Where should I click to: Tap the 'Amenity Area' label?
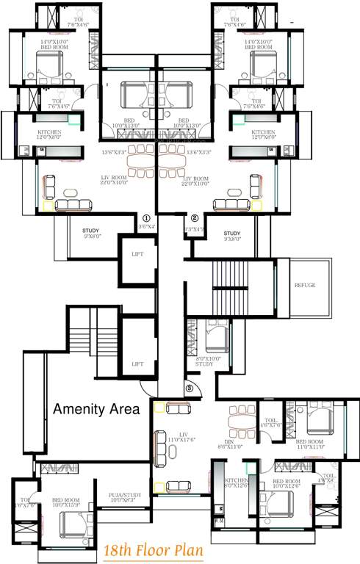point(96,410)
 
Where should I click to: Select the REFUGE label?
point(305,285)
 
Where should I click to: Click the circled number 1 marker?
point(146,218)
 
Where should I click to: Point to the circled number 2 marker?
point(194,218)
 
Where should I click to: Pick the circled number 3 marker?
point(189,388)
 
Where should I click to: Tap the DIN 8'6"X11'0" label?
point(229,442)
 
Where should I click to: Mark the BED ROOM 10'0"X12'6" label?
point(287,482)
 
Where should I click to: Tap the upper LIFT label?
point(137,254)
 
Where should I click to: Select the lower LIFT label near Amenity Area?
point(137,364)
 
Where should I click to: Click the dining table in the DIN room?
point(240,422)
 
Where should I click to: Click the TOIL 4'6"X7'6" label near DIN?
point(271,422)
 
